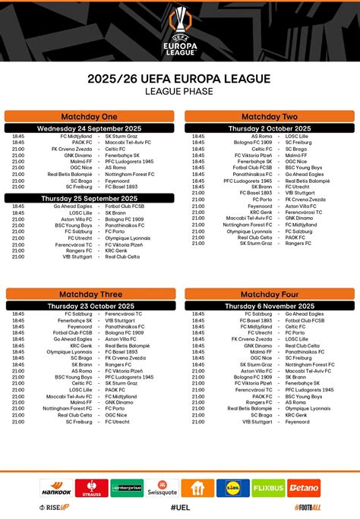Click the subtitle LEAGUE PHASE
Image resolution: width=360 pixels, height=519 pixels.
pos(180,91)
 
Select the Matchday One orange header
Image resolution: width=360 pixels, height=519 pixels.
pos(89,117)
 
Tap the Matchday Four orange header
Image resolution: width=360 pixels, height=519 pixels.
pos(270,294)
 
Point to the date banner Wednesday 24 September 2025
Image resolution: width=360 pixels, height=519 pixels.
pos(89,128)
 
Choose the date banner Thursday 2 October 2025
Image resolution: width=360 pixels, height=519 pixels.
pos(270,128)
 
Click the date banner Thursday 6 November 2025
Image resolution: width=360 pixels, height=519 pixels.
pos(270,305)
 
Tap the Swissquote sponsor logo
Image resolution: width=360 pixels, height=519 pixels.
pos(163,487)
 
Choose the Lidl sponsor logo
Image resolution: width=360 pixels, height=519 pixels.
pos(232,487)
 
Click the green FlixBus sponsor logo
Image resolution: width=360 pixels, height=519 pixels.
pos(268,487)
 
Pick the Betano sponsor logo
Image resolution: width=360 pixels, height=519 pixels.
pos(304,487)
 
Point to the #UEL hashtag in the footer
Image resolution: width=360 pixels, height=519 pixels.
pos(180,507)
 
